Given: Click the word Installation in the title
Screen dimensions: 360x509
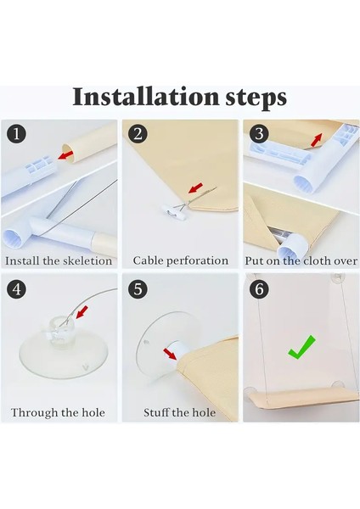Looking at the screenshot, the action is [146, 97].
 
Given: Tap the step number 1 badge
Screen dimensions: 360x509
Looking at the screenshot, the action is [16, 134].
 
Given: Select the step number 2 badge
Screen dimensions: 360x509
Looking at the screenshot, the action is [138, 134].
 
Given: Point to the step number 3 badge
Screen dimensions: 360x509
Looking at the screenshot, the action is [259, 134].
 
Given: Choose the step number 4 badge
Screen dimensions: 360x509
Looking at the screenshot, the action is [16, 288].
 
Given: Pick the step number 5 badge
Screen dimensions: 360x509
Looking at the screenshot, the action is [138, 288].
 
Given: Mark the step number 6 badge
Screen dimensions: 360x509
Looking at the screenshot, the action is [259, 288].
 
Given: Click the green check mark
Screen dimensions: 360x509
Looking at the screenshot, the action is [301, 348].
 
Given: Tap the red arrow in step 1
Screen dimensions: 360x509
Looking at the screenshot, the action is [65, 154].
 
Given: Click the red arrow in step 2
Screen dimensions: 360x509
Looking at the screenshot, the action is [196, 187].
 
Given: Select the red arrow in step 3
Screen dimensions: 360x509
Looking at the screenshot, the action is [317, 140].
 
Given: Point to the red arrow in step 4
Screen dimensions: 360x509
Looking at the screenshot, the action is [82, 312].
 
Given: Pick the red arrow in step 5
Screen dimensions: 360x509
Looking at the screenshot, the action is [170, 354].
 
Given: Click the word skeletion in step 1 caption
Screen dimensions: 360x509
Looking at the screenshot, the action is [87, 261].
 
